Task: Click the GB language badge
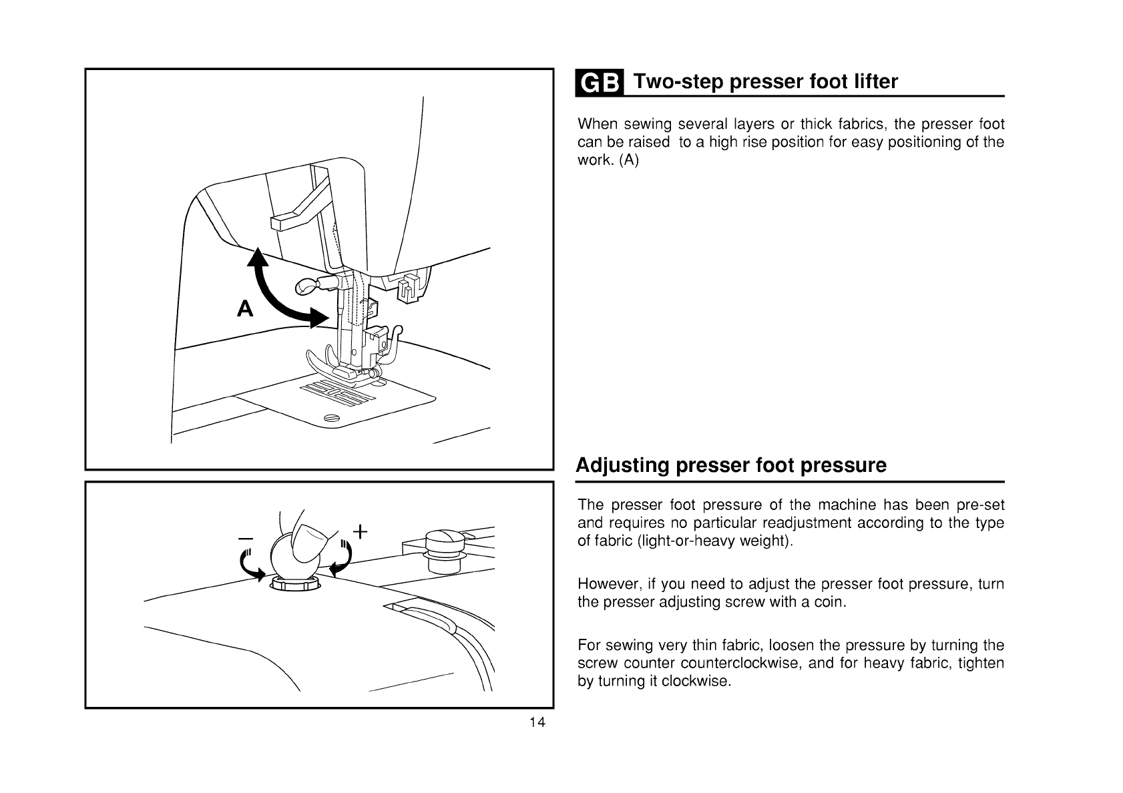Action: (x=599, y=82)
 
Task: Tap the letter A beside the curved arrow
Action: (x=246, y=309)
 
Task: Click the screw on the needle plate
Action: (x=331, y=419)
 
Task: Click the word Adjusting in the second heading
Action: (x=622, y=465)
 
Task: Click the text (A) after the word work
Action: (x=629, y=161)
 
